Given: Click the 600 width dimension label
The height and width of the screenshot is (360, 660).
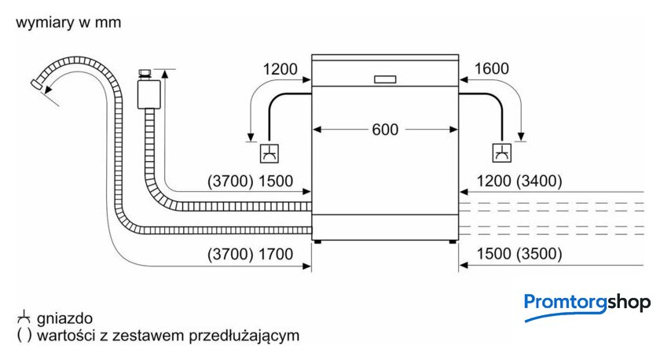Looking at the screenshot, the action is click(x=385, y=130).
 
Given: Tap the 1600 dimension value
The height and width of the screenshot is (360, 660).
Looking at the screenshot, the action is click(x=492, y=68).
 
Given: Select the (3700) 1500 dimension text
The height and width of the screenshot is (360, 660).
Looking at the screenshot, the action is click(x=250, y=182).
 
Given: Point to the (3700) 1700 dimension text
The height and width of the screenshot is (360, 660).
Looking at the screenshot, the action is click(x=250, y=255).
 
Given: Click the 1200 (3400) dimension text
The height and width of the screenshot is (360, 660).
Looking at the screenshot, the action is click(x=519, y=182).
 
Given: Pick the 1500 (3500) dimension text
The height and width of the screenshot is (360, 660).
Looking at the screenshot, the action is click(x=519, y=254).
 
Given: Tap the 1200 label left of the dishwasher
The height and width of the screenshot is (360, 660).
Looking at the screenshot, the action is click(x=280, y=69).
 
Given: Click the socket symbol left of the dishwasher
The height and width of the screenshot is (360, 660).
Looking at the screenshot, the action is click(x=269, y=153).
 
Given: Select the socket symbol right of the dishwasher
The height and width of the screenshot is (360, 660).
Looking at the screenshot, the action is click(x=502, y=152).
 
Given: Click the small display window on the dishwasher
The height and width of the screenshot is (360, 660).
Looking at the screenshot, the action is click(x=385, y=79).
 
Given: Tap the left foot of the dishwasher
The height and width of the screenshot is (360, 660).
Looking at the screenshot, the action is click(x=317, y=242).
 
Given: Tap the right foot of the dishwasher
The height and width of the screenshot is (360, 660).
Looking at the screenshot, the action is click(x=453, y=242).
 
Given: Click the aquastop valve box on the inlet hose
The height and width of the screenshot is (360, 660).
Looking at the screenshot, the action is click(x=148, y=94).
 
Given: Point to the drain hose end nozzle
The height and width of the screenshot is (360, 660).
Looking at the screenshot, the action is click(x=37, y=84).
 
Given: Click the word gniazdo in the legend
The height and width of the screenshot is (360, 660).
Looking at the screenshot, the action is click(x=64, y=318).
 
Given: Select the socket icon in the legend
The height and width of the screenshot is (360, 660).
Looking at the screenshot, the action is click(x=24, y=317).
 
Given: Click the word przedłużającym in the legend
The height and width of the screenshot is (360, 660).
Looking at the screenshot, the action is click(x=244, y=336).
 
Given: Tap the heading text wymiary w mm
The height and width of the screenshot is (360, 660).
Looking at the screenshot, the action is click(x=68, y=22).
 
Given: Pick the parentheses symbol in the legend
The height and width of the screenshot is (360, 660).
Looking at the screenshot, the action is click(x=24, y=336).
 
